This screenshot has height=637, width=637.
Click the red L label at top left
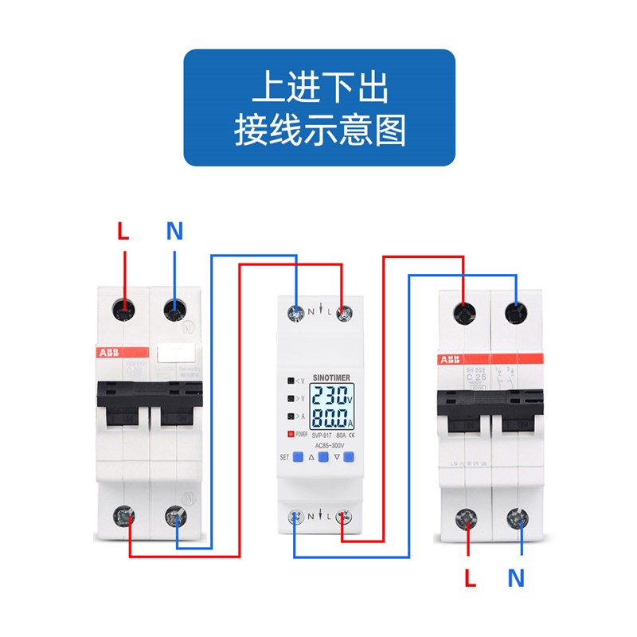pos(123,232)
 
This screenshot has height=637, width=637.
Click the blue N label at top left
pos(174,232)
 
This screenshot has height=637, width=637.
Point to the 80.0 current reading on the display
pos(328,418)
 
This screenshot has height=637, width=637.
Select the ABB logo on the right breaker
pos(450,360)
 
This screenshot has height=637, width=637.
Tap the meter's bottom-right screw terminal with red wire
pos(343,516)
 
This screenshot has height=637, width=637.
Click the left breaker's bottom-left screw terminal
pos(123,517)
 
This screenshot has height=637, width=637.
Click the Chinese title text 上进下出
pos(320,88)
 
